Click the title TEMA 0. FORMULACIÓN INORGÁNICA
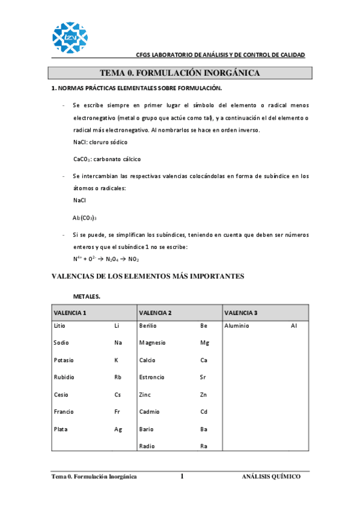180,73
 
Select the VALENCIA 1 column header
70,313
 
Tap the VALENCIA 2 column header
156,313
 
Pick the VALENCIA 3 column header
240,313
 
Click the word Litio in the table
59,325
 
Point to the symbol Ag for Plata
118,429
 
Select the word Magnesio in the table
152,343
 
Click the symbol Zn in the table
204,395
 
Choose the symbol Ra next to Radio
204,446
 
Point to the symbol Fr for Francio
118,412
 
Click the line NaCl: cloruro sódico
100,143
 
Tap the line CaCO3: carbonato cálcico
106,159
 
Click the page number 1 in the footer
182,476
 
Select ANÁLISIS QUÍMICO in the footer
270,476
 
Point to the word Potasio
64,360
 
